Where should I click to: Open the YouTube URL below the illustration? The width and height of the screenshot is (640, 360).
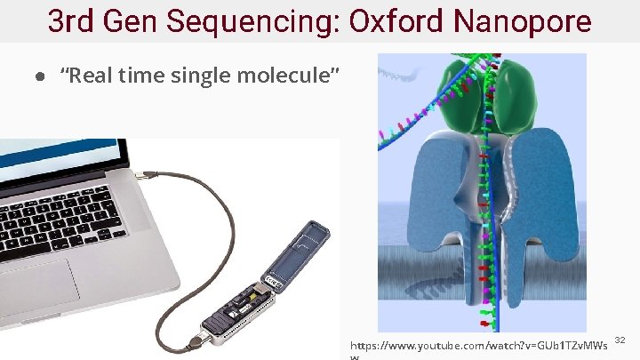(x=479, y=344)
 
